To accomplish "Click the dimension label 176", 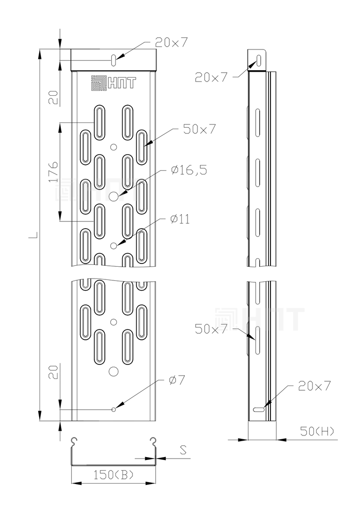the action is [54, 172].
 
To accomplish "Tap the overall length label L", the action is [33, 235].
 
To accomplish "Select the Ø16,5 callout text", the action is [189, 170].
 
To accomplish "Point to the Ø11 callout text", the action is [180, 219].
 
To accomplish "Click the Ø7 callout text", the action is [177, 380].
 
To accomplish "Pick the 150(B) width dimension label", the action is [114, 475].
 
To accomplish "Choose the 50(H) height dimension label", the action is [317, 431].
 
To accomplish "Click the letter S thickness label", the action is [183, 450].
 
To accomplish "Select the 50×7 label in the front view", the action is [199, 129].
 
